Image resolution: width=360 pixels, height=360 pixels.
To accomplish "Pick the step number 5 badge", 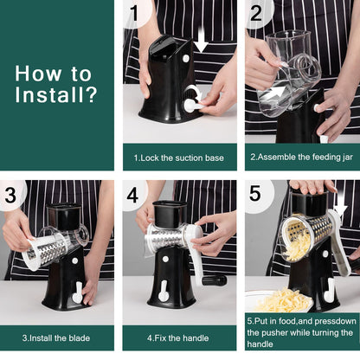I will (x=257, y=196).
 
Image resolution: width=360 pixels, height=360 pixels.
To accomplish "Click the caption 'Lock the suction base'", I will (x=179, y=157).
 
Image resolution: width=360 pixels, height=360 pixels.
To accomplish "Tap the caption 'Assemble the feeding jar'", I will (x=301, y=157).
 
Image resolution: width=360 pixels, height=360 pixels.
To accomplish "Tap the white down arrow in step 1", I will (x=202, y=39).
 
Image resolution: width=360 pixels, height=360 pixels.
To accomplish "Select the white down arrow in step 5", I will (x=340, y=210).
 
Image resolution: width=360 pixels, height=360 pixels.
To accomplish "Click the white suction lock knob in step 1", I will (x=191, y=105).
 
